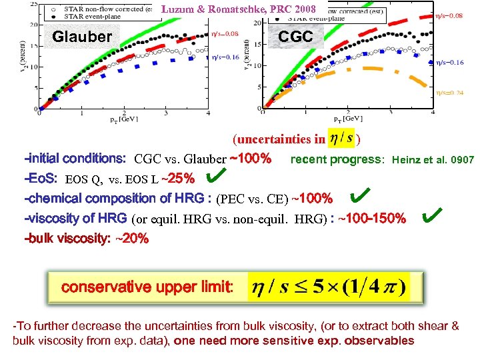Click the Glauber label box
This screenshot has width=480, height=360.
tap(81, 37)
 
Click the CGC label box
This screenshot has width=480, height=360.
tap(295, 37)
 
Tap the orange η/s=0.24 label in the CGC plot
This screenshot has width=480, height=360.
tap(450, 93)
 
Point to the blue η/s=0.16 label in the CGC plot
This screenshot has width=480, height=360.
tap(450, 62)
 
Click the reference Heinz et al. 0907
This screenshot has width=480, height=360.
tap(433, 160)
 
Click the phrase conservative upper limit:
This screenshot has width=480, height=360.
tap(147, 287)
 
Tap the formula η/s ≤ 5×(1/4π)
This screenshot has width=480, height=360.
tap(328, 288)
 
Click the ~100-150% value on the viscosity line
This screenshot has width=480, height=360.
tap(371, 219)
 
